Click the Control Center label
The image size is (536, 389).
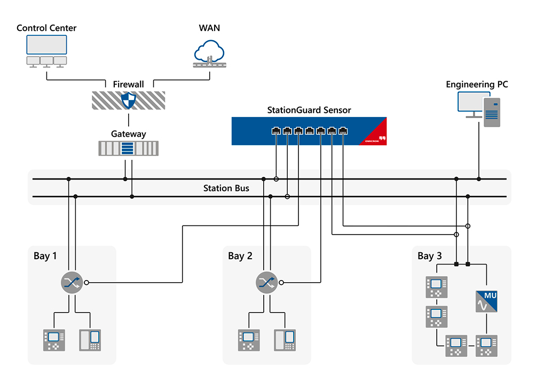pos(46,28)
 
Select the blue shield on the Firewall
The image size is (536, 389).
pos(129,100)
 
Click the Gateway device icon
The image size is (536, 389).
pos(129,148)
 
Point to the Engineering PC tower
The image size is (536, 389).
pos(491,112)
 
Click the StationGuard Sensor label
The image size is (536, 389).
pos(309,110)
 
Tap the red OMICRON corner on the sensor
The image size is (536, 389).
pos(374,135)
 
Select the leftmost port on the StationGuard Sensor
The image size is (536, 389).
pos(276,130)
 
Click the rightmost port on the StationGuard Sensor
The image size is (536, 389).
pos(343,130)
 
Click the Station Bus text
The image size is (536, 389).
pos(226,188)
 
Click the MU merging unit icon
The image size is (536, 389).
pos(486,301)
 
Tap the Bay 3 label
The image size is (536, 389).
pos(429,256)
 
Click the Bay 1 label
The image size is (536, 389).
pos(45,256)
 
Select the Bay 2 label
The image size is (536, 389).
pos(240,256)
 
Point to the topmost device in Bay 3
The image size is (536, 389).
pos(435,287)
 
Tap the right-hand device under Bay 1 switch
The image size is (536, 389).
pos(89,340)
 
